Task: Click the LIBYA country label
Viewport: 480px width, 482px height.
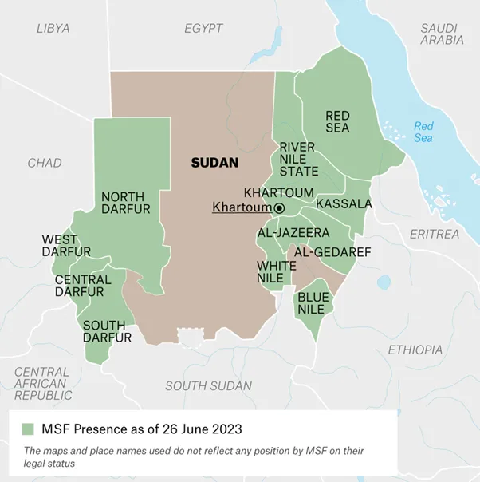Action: (x=53, y=28)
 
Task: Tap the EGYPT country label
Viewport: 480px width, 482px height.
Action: (x=203, y=28)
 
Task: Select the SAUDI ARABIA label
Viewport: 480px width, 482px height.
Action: (x=442, y=34)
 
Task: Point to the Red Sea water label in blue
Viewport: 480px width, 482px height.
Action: (x=423, y=132)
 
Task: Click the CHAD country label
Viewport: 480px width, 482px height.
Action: (x=44, y=163)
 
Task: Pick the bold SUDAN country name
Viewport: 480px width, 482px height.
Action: (x=214, y=162)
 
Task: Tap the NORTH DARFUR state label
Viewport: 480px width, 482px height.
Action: (x=123, y=203)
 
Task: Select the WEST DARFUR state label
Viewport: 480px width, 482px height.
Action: (x=60, y=246)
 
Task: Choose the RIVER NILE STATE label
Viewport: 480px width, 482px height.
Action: (x=298, y=159)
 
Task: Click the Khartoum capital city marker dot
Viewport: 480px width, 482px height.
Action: (x=280, y=207)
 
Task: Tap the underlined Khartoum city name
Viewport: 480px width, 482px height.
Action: (x=242, y=207)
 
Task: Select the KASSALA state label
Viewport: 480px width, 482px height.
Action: (x=344, y=204)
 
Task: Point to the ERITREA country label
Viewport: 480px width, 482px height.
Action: (x=434, y=234)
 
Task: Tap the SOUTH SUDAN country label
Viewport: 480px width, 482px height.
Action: (x=207, y=385)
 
